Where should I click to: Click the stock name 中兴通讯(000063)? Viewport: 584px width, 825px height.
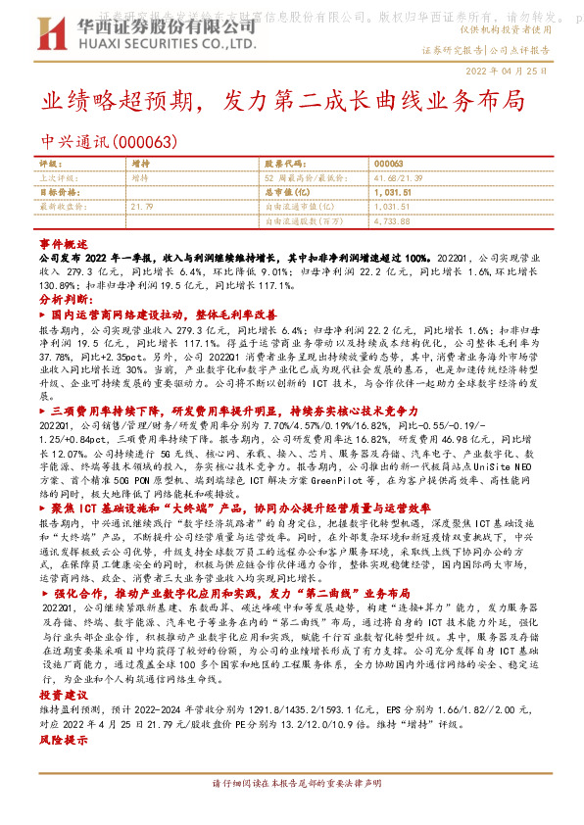(x=109, y=142)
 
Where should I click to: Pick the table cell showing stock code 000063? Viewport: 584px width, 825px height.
(x=389, y=164)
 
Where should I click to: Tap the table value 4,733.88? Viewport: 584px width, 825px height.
(x=392, y=221)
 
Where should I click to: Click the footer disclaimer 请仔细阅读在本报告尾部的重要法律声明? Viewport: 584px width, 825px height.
(x=293, y=785)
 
